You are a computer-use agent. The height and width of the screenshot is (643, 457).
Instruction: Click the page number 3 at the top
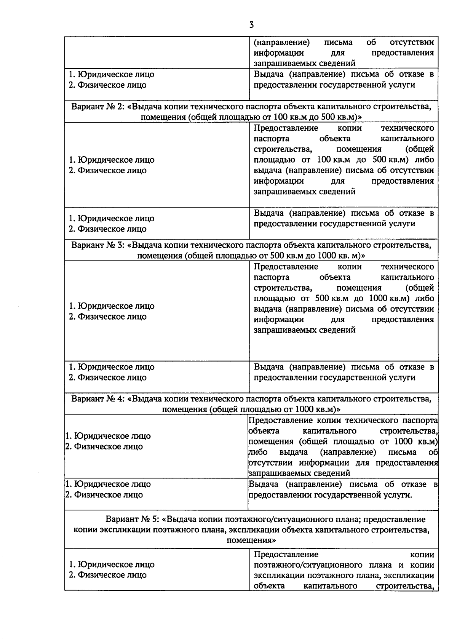click(x=251, y=25)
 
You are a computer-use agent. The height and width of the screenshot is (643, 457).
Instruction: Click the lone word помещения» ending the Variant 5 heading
click(x=251, y=540)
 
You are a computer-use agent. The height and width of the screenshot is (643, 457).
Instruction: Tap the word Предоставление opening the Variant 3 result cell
click(x=286, y=267)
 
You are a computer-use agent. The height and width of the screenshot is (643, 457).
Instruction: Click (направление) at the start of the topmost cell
click(x=281, y=42)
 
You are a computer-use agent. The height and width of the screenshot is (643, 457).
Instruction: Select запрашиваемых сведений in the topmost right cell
click(x=304, y=63)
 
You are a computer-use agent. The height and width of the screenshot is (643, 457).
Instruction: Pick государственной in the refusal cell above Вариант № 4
click(x=350, y=377)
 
